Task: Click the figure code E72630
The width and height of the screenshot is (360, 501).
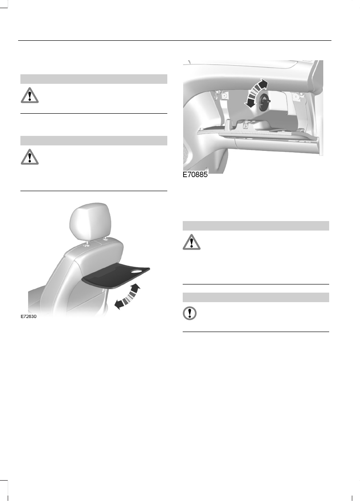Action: (28, 317)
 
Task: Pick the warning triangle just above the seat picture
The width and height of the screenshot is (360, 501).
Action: (29, 157)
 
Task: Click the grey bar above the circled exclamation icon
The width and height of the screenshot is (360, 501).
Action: (256, 297)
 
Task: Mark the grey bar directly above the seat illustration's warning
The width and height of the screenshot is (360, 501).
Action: (94, 140)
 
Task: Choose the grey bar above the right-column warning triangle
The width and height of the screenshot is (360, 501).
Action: (256, 226)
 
